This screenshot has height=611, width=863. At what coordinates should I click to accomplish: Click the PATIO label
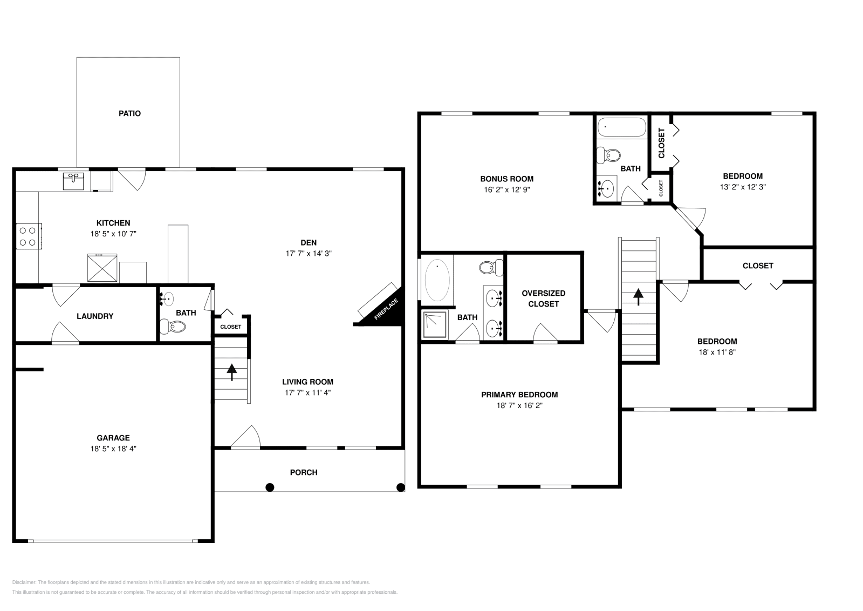click(129, 113)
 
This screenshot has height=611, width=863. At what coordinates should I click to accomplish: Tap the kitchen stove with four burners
click(29, 236)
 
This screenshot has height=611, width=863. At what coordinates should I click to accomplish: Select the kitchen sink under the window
click(73, 181)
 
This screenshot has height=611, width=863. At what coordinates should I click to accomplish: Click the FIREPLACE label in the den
click(386, 309)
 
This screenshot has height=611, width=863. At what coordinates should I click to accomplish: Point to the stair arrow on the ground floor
click(231, 372)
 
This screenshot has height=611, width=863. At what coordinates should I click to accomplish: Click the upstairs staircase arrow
click(639, 297)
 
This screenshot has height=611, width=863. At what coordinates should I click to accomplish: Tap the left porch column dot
click(270, 487)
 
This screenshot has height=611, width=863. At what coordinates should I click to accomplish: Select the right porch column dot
click(401, 487)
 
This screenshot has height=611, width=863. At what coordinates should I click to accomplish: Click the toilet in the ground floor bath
click(173, 327)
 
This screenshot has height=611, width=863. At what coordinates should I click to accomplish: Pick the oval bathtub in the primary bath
click(437, 280)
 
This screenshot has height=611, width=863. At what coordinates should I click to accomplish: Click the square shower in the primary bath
click(435, 324)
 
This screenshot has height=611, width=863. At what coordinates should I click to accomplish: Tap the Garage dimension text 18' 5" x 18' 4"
click(113, 449)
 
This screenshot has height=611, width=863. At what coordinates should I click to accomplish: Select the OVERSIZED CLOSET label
click(543, 298)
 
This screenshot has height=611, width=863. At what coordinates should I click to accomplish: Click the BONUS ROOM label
click(506, 179)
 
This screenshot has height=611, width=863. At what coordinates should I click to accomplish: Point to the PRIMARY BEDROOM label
click(519, 395)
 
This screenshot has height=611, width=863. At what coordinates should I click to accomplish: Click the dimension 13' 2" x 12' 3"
click(743, 187)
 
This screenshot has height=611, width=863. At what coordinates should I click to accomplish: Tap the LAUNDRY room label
click(95, 316)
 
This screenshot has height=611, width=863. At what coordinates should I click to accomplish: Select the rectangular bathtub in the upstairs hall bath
click(621, 127)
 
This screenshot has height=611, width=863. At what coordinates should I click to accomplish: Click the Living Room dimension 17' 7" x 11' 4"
click(307, 393)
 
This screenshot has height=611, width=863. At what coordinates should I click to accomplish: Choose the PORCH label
click(304, 472)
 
